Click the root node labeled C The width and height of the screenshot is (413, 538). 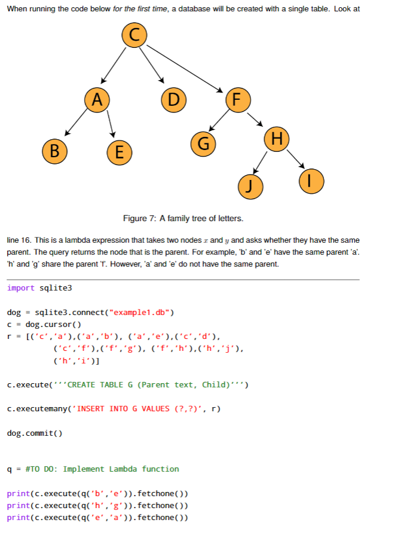[134, 36]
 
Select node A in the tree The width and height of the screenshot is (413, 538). [97, 100]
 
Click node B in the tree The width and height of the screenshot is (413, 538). [54, 149]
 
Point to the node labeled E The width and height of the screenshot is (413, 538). [120, 152]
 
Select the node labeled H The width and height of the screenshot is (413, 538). [276, 139]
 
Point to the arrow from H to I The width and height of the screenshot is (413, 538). [295, 158]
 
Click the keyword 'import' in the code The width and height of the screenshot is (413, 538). [21, 288]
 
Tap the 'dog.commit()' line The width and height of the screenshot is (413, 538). [35, 433]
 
